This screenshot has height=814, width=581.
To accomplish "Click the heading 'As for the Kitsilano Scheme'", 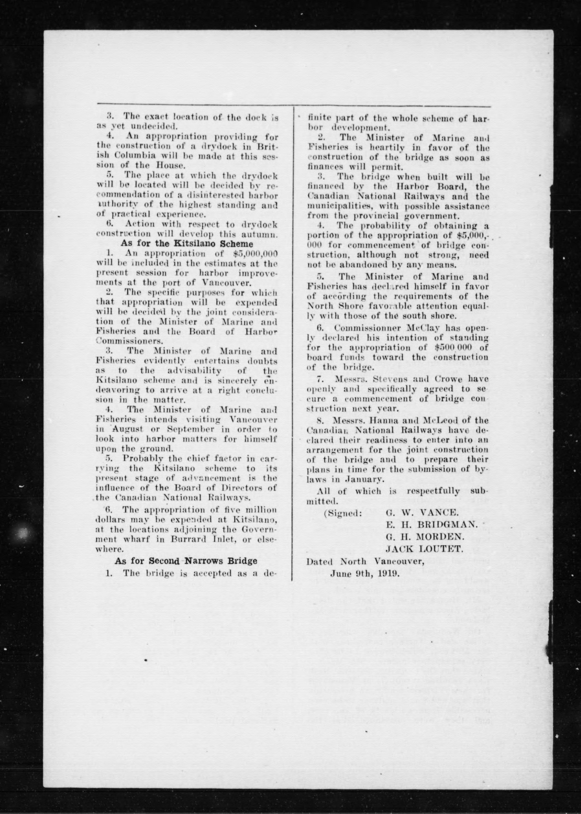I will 187,244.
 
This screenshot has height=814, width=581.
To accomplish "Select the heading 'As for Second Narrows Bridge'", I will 186,561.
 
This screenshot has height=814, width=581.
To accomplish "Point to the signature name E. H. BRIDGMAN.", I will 432,524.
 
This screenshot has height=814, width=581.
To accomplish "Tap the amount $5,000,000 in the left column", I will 253,253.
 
